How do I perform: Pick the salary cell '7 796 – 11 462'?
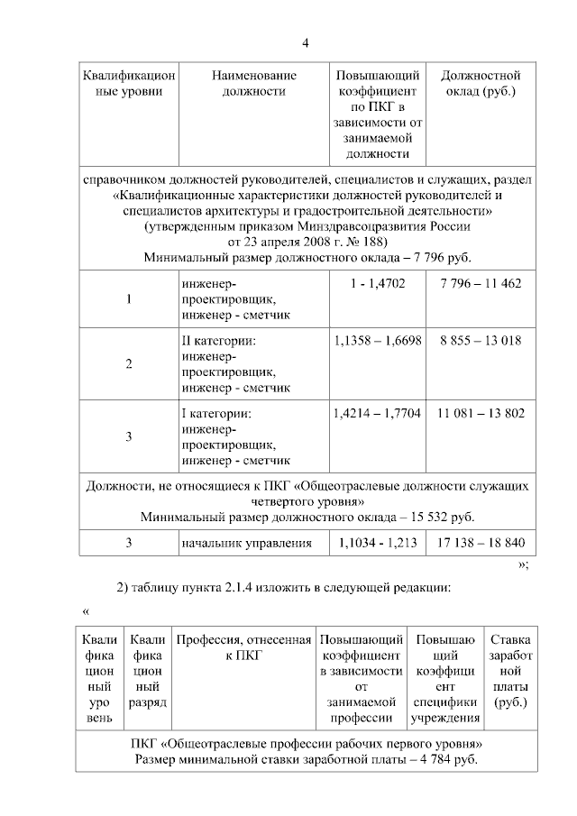click(481, 284)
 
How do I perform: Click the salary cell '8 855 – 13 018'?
click(481, 342)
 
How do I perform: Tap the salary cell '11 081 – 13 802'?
click(481, 414)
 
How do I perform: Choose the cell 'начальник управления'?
click(246, 544)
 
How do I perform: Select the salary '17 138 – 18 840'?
click(481, 544)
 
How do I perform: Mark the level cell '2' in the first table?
click(129, 363)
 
